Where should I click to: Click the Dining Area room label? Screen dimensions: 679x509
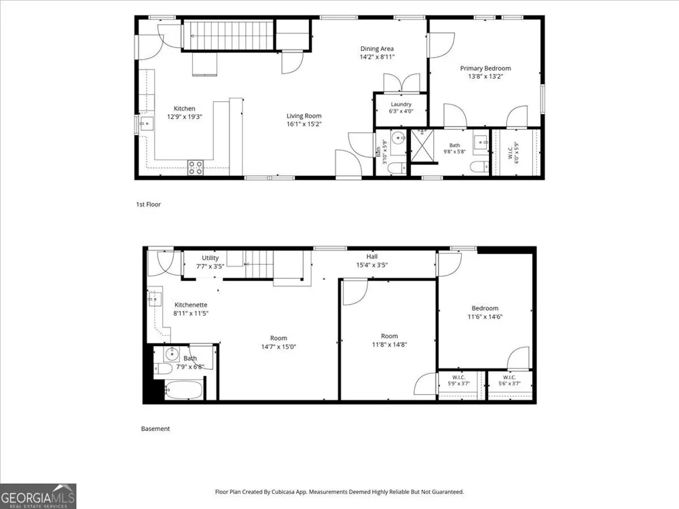(377, 49)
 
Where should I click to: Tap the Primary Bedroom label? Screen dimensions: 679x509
(485, 69)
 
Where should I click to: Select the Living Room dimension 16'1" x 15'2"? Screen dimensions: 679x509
(304, 124)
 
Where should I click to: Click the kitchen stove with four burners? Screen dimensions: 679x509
(196, 168)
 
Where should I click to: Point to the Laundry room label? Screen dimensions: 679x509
(401, 105)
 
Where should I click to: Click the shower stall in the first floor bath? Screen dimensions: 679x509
(422, 145)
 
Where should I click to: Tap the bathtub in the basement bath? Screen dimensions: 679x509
(183, 390)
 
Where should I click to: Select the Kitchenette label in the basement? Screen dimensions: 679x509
(191, 305)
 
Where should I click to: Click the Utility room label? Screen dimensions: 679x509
(210, 258)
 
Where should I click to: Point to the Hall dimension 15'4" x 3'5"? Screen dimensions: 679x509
(371, 265)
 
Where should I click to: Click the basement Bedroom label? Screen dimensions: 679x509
(485, 309)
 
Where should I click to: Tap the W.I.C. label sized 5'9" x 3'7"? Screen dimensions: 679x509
(458, 381)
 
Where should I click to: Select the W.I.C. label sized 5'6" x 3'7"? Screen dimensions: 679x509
(509, 381)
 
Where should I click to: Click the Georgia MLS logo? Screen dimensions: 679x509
(38, 496)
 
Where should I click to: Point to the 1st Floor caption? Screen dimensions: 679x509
(148, 204)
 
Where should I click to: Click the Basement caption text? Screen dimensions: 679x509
(155, 429)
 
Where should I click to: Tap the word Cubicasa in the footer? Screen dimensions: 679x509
(284, 491)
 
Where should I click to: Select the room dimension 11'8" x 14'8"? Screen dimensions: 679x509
(389, 345)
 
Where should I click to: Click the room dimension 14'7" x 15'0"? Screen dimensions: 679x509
(278, 347)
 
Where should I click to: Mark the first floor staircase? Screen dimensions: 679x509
(229, 35)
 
